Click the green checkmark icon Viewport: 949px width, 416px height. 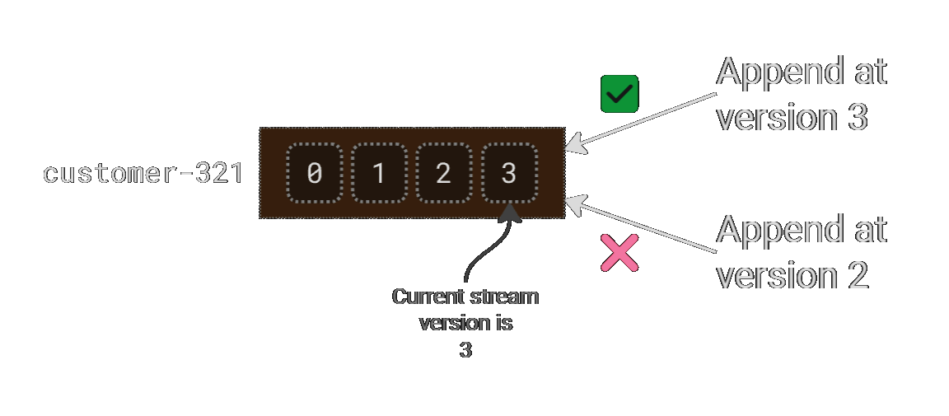pyautogui.click(x=620, y=95)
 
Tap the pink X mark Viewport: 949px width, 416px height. pyautogui.click(x=619, y=253)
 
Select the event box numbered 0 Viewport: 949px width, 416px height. pyautogui.click(x=314, y=173)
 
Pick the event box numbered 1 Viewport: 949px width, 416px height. pyautogui.click(x=379, y=173)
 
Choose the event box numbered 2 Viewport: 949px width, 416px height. pyautogui.click(x=444, y=173)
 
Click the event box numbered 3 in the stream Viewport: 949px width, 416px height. pyautogui.click(x=509, y=173)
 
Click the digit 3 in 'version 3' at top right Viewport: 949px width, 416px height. pyautogui.click(x=857, y=118)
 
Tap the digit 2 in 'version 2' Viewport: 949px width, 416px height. pyautogui.click(x=857, y=276)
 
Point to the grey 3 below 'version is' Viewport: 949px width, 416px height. pyautogui.click(x=465, y=350)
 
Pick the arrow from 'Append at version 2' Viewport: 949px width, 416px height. pyautogui.click(x=643, y=224)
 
